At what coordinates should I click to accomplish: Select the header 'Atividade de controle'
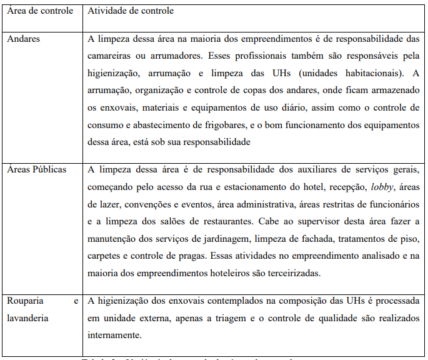(x=131, y=11)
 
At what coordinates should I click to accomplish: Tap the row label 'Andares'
(x=23, y=39)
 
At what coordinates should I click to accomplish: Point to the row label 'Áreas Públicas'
(x=36, y=169)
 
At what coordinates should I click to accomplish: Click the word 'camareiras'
(x=111, y=54)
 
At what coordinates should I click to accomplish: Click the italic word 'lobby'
(x=382, y=186)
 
